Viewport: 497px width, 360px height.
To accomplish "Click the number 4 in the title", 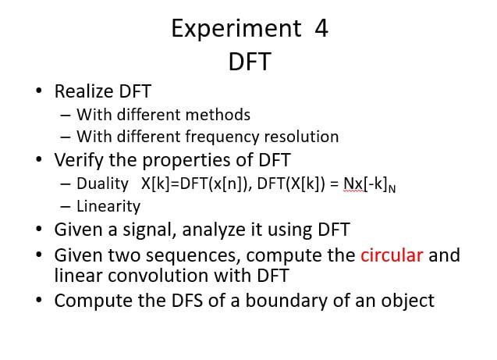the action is click(321, 28).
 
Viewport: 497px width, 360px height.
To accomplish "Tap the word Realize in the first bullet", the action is click(84, 91).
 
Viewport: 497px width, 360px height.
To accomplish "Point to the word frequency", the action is click(222, 137).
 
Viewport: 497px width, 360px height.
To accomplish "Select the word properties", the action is click(186, 161).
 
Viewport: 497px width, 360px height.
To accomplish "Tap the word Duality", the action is click(102, 184).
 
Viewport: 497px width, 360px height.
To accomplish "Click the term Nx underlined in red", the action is click(353, 184).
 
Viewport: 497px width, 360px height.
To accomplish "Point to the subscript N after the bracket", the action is click(392, 189).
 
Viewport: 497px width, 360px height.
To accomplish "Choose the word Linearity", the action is click(108, 207).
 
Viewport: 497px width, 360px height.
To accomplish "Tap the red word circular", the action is click(392, 255).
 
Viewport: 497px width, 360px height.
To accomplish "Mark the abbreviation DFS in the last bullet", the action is click(187, 301).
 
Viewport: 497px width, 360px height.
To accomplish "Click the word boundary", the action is click(286, 301).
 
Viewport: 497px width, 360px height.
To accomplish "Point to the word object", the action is click(407, 301).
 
